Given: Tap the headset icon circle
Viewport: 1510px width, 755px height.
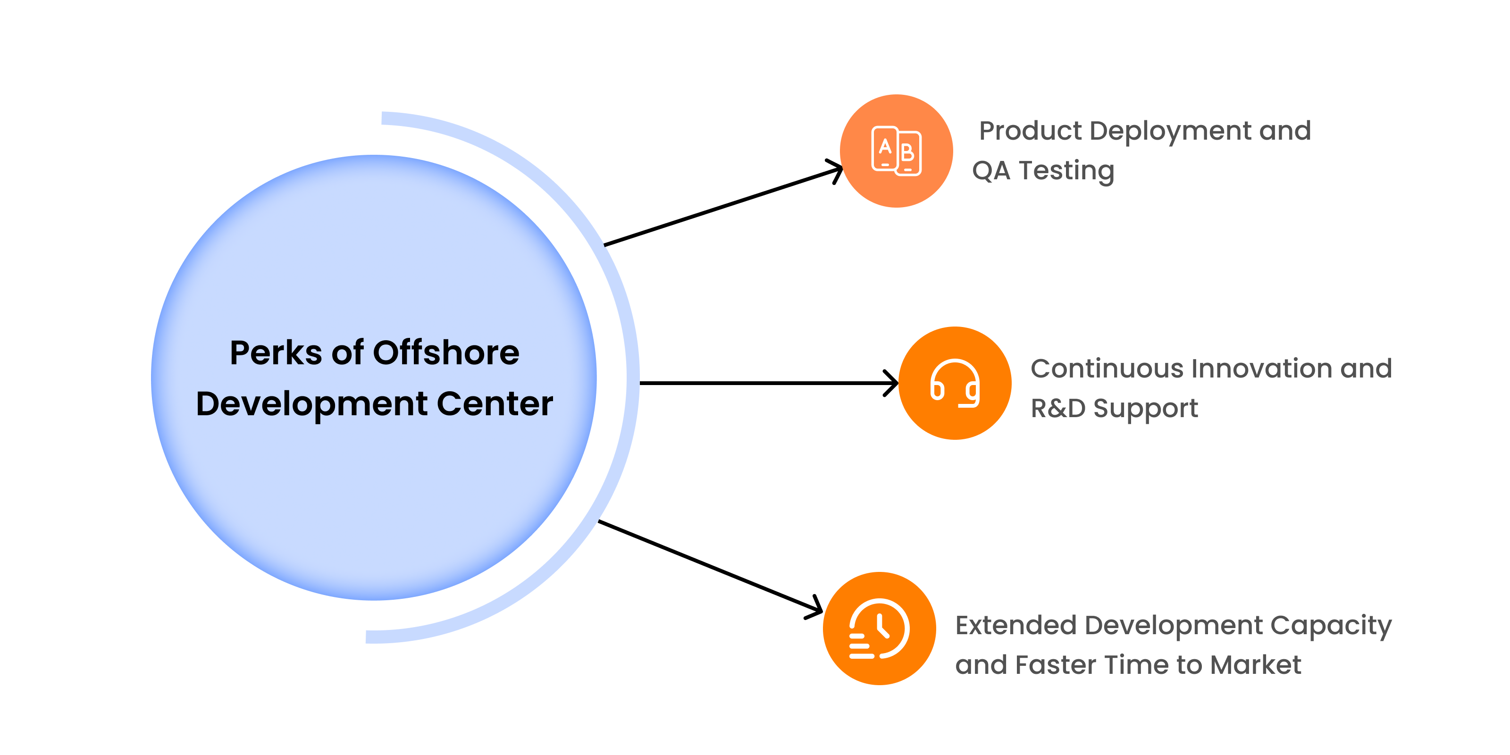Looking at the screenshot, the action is point(955,383).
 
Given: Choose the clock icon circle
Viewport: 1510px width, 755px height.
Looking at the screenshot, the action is point(879,629).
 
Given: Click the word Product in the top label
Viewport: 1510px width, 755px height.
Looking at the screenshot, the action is point(1030,131).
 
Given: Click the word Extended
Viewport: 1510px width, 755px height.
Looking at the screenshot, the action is point(1016,625).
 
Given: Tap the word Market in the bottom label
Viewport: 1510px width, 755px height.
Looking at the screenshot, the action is point(1256,665).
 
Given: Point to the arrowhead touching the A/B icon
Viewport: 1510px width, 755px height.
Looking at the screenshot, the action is point(835,170).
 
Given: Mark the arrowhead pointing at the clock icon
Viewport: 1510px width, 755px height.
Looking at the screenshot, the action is point(815,608).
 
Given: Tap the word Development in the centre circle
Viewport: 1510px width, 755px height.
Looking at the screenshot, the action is point(312,405).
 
